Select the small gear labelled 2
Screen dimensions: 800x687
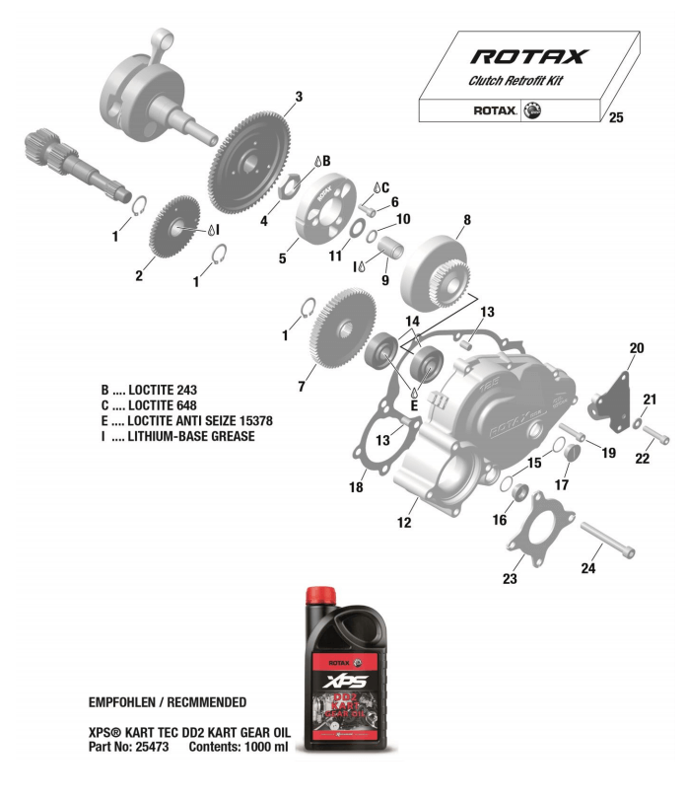coord(173,230)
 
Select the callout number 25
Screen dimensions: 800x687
coord(616,117)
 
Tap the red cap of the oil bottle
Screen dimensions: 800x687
coord(322,595)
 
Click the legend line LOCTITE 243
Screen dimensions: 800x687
coord(155,391)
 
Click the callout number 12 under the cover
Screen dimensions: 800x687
coord(404,523)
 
